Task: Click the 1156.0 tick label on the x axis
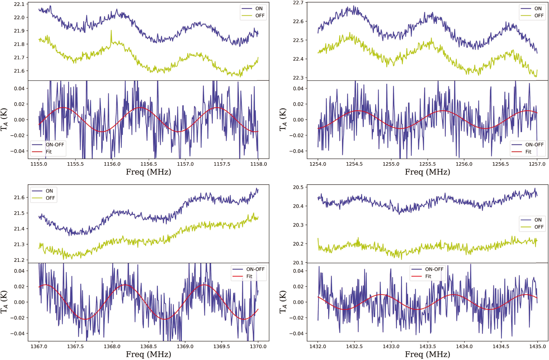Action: click(x=112, y=164)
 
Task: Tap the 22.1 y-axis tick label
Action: click(x=19, y=4)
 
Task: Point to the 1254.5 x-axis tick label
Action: click(x=354, y=164)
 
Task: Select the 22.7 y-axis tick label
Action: click(x=298, y=3)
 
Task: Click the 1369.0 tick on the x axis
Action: click(x=185, y=346)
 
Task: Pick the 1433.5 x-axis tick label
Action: click(x=427, y=346)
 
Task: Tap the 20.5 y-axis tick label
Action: click(x=298, y=187)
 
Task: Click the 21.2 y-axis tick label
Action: click(x=19, y=260)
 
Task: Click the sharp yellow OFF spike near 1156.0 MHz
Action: click(x=111, y=31)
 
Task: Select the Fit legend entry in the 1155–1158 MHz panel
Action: click(x=49, y=152)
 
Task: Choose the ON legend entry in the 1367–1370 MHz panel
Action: click(x=49, y=191)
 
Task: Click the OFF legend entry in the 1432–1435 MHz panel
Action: click(x=538, y=227)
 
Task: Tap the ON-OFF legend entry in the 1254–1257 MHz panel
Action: click(x=534, y=145)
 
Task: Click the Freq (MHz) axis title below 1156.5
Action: click(x=148, y=172)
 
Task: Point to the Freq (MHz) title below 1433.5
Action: click(x=427, y=354)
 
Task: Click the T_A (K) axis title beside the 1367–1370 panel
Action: click(x=4, y=302)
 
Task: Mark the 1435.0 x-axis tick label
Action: click(x=537, y=346)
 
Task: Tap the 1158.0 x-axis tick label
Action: click(x=258, y=164)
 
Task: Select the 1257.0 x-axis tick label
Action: click(x=537, y=164)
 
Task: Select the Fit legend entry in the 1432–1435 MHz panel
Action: click(x=428, y=276)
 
